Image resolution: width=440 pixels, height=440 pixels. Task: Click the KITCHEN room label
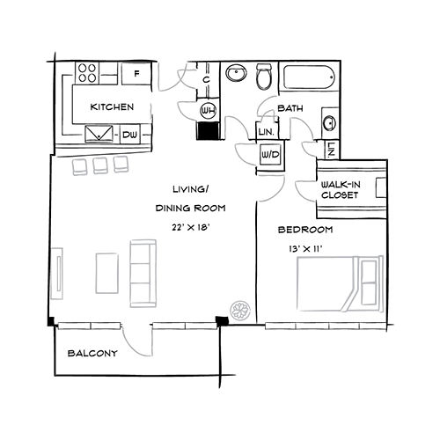tap(112, 107)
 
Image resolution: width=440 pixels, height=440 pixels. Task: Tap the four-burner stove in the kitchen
tap(88, 72)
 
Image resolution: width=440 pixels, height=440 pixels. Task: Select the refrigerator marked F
tap(136, 74)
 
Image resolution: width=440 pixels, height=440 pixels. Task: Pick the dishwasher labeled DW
tap(130, 134)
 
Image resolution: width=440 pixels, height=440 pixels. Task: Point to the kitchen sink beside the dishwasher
tap(99, 134)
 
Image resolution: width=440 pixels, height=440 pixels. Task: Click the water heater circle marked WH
tap(209, 110)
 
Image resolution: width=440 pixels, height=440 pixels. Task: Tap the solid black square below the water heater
tap(209, 130)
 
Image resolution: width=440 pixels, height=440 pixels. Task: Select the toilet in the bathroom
tap(263, 78)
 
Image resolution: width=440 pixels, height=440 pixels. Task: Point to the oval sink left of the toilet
tap(236, 74)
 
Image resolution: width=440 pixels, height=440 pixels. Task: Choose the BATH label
tap(290, 108)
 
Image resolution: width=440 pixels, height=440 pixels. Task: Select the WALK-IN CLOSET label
tap(340, 189)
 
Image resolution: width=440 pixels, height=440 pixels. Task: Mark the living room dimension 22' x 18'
tap(191, 227)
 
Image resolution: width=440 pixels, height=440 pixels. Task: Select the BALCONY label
tap(92, 354)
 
